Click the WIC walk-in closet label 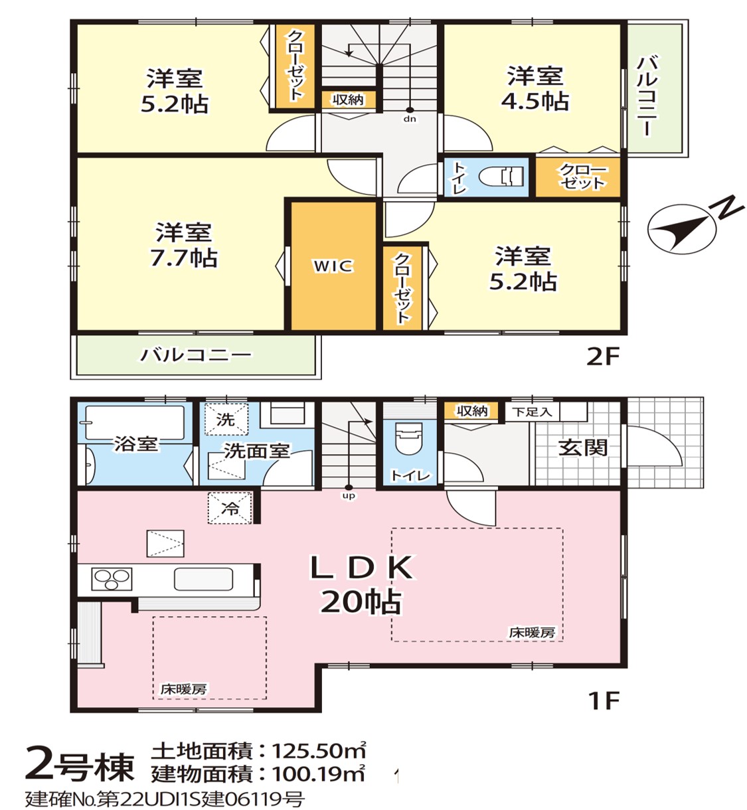pyautogui.click(x=333, y=266)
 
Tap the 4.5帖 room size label pyautogui.click(x=535, y=101)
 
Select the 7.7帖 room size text pyautogui.click(x=184, y=258)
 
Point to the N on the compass pyautogui.click(x=726, y=208)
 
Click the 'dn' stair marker pyautogui.click(x=410, y=119)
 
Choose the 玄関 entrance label pyautogui.click(x=582, y=448)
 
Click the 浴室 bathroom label pyautogui.click(x=136, y=444)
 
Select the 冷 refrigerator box pyautogui.click(x=230, y=508)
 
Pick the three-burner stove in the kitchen pyautogui.click(x=112, y=579)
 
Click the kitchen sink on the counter pyautogui.click(x=204, y=579)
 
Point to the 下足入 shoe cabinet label pyautogui.click(x=532, y=412)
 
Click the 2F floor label pyautogui.click(x=602, y=357)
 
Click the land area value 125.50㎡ pyautogui.click(x=319, y=750)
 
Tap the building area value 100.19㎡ pyautogui.click(x=318, y=773)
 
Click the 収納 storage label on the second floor pyautogui.click(x=347, y=100)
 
